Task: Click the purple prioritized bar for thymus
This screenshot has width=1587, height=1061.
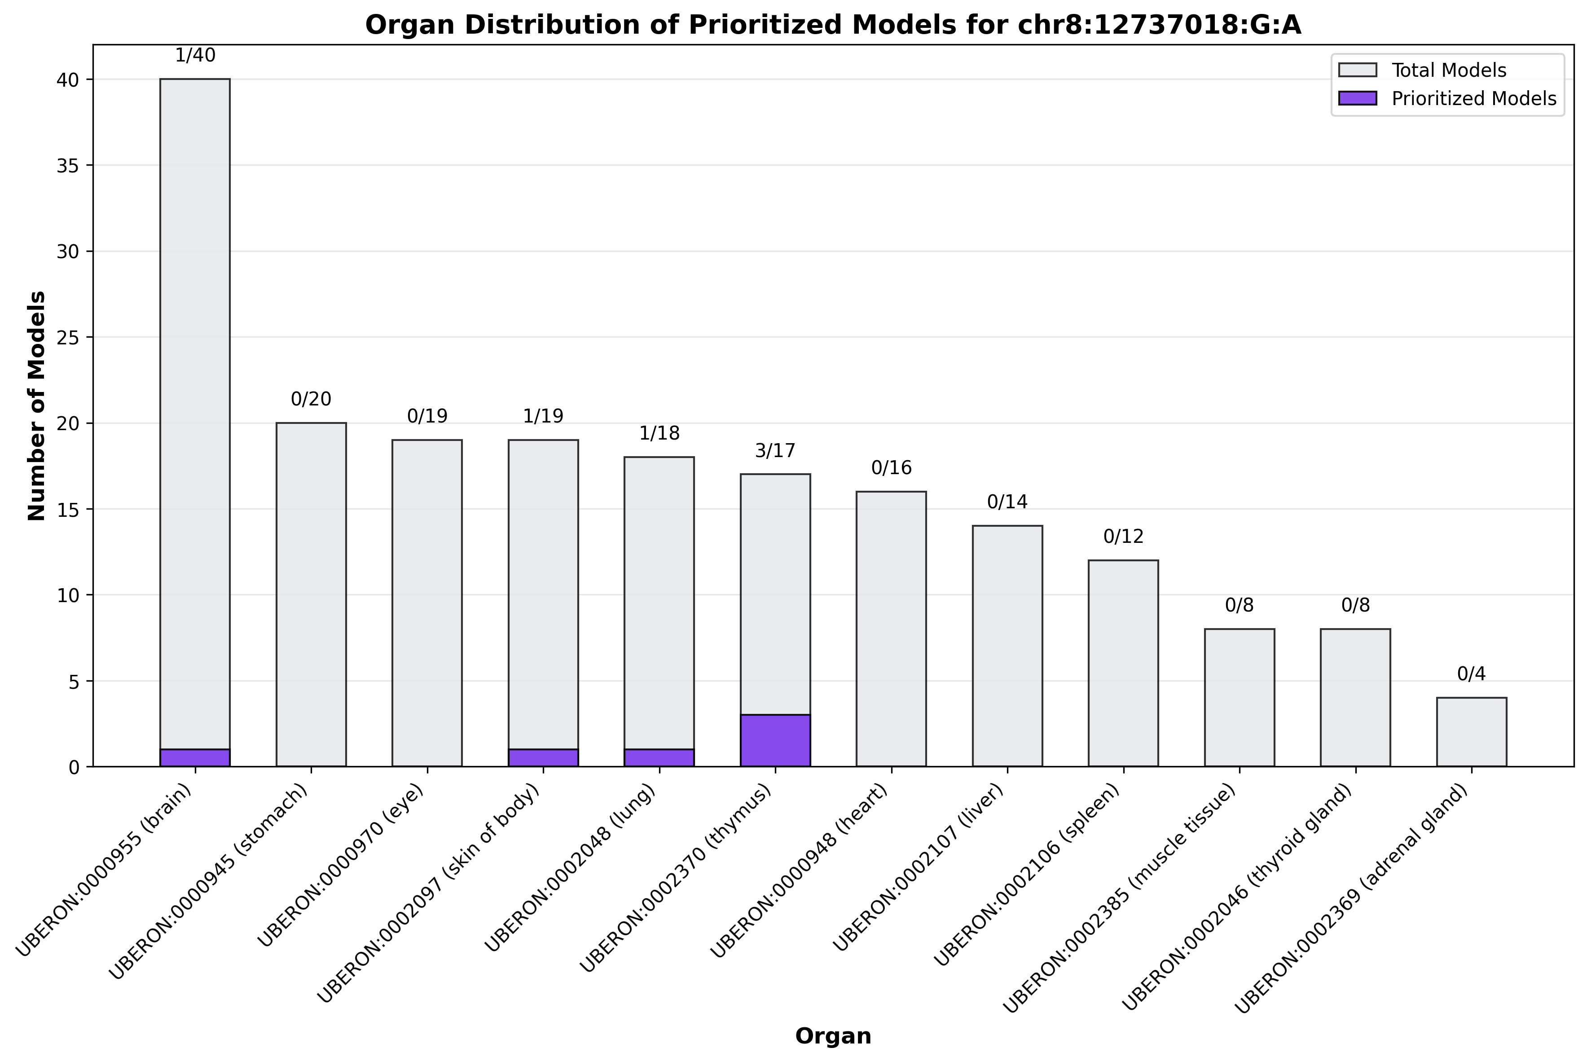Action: (x=775, y=740)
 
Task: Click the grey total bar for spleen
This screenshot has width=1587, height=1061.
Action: (x=1123, y=663)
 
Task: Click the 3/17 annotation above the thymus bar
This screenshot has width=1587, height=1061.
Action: (x=775, y=451)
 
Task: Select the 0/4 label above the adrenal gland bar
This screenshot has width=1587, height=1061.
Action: (x=1471, y=674)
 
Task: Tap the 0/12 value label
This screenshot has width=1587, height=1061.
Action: (x=1123, y=537)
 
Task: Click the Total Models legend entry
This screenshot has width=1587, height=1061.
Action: (x=1448, y=70)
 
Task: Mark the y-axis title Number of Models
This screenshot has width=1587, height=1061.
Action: (x=37, y=406)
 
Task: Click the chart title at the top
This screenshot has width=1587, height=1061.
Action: (x=833, y=25)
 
